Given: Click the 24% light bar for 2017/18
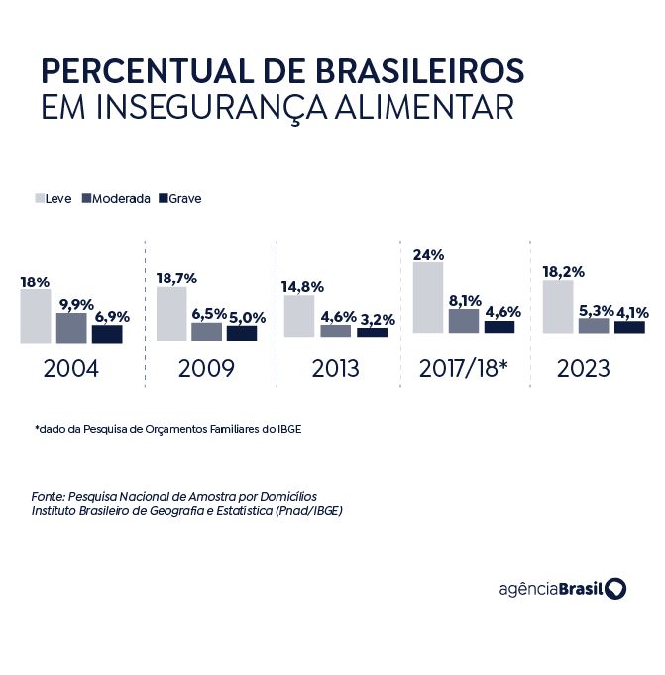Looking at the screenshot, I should coord(428,297).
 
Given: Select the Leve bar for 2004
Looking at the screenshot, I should coord(35,316).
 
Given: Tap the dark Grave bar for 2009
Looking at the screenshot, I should coord(242,333).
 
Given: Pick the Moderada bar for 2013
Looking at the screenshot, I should coord(335,331).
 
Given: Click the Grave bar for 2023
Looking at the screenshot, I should coord(629,327).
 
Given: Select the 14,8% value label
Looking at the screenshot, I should coord(303,287).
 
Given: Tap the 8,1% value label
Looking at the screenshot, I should coord(464,299).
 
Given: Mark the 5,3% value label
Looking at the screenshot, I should coord(594,308).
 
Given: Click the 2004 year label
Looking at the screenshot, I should coord(71,369).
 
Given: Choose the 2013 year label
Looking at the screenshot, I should coord(335,369).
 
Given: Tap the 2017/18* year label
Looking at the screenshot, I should coord(464,369).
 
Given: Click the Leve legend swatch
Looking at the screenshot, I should coord(40,198).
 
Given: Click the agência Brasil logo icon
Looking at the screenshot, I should coord(615,589).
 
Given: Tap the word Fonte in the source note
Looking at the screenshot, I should coord(48,495).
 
